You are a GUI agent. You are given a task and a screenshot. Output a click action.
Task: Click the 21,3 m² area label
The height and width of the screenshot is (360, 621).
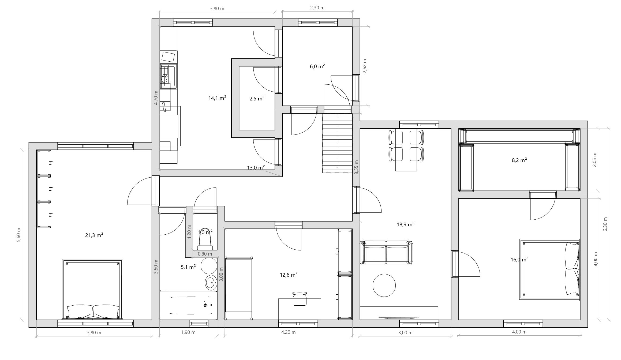94,235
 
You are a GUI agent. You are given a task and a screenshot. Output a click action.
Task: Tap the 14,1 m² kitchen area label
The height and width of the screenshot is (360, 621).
217,98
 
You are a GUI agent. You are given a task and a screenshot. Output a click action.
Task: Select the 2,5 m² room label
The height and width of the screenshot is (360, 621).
257,99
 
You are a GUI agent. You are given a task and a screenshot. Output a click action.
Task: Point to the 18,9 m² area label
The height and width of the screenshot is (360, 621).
406,224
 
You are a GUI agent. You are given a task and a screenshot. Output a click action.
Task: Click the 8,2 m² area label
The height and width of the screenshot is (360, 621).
519,160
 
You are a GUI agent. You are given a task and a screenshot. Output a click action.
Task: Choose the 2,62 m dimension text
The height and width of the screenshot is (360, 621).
365,66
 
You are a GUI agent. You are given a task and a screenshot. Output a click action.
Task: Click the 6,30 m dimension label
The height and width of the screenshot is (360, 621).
605,224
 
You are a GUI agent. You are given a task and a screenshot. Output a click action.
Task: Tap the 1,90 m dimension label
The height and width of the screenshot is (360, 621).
188,332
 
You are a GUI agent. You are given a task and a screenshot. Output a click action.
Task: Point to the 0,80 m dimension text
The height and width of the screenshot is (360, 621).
205,254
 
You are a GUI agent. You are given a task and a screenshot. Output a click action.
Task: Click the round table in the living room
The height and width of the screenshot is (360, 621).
384,285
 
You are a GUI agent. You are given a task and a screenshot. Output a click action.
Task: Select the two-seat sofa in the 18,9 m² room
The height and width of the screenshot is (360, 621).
386,252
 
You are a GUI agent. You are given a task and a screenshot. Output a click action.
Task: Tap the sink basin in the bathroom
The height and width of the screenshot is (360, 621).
211,283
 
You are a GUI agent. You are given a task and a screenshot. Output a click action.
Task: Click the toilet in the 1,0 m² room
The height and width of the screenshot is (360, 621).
205,240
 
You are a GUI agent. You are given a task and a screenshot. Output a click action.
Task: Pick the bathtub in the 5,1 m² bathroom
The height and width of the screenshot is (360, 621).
188,305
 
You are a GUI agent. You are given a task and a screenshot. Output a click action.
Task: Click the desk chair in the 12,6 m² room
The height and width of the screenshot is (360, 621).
300,299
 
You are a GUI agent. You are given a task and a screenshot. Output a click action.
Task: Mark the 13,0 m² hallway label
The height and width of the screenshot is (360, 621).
256,168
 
